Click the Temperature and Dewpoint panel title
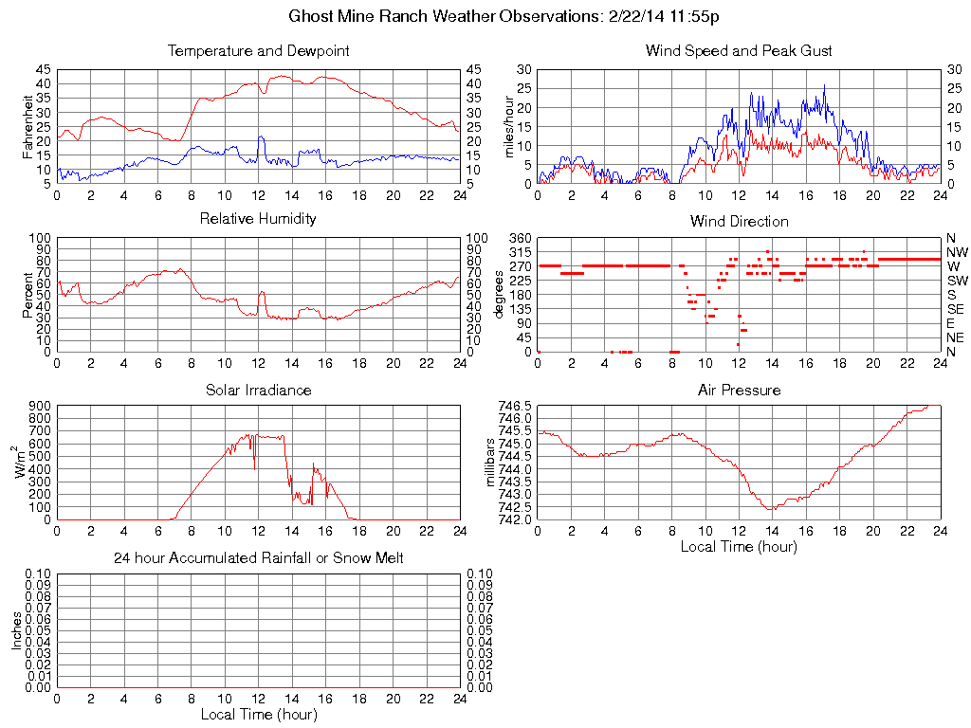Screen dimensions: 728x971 [258, 51]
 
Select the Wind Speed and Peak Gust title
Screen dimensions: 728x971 [739, 51]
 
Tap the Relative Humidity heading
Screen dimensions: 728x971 [258, 220]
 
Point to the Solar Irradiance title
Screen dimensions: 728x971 [258, 391]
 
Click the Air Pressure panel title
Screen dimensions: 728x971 [739, 391]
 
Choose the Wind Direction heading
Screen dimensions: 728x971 [739, 222]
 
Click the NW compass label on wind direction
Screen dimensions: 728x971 [957, 252]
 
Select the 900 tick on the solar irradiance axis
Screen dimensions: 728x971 [40, 406]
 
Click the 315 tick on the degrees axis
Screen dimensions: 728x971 [520, 252]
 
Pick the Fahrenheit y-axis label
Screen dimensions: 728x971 [27, 127]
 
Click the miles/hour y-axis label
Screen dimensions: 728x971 [508, 127]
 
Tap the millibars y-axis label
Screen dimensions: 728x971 [491, 463]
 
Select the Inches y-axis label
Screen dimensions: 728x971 [16, 629]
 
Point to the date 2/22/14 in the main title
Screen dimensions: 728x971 [629, 17]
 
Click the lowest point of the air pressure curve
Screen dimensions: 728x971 [773, 509]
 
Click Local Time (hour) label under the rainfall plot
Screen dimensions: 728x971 [258, 715]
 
